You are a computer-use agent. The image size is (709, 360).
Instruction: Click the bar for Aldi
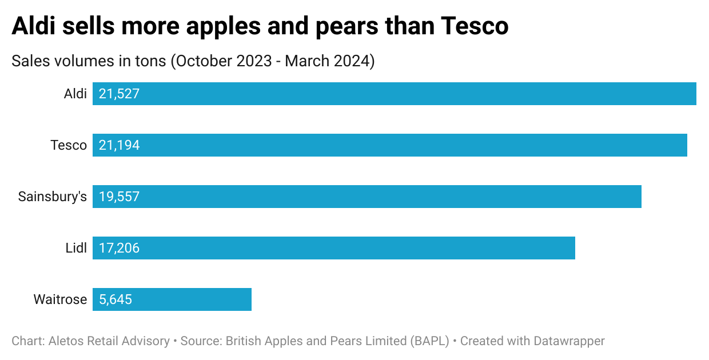(x=395, y=94)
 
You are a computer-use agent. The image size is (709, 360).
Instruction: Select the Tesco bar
(x=390, y=145)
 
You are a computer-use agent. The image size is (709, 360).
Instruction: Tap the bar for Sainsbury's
(x=367, y=197)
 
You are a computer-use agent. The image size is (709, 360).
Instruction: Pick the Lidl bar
(x=334, y=248)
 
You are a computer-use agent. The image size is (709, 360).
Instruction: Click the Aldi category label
(x=75, y=94)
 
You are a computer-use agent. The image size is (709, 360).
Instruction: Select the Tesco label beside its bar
(x=69, y=145)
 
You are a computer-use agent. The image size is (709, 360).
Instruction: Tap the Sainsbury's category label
(x=53, y=197)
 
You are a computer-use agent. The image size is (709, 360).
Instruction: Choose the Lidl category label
(x=76, y=248)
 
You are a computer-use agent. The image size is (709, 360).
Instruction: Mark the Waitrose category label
(x=60, y=299)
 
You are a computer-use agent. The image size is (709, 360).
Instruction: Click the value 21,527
(x=119, y=94)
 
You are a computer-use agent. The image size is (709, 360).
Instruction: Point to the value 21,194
(x=119, y=145)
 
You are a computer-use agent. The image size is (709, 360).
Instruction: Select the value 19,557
(x=119, y=197)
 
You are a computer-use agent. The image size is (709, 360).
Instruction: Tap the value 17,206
(x=119, y=248)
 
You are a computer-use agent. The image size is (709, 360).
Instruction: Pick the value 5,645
(x=115, y=299)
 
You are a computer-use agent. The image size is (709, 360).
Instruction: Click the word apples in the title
(x=232, y=26)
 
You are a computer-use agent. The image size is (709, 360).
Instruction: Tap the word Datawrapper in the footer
(x=569, y=341)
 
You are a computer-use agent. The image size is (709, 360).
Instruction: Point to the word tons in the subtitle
(x=152, y=61)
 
